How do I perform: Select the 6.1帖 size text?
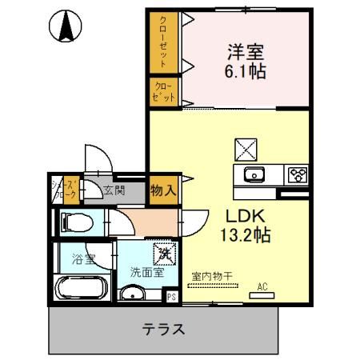point(246,71)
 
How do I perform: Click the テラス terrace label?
point(165,328)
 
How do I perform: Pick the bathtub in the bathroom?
point(80,287)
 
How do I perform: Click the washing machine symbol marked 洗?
point(164,254)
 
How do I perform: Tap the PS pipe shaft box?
point(170,296)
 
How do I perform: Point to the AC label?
point(262,286)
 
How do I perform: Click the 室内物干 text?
point(212,277)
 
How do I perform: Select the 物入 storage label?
point(164,191)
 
